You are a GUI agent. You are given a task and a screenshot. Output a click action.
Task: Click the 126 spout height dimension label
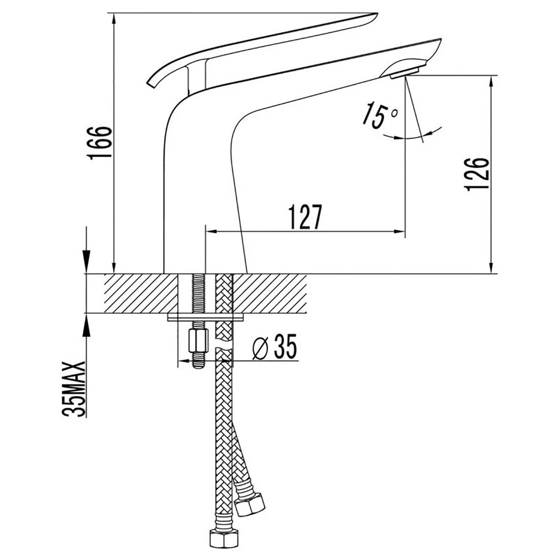pos(477,174)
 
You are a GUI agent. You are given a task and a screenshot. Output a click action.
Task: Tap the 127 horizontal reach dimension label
pos(305,217)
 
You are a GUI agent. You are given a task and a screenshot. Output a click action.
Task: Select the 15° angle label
pos(379,115)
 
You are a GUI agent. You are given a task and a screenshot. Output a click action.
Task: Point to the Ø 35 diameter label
pos(274,347)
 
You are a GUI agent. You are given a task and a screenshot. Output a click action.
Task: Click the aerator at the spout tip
pos(405,72)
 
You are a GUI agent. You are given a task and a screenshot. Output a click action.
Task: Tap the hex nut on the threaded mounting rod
pos(198,340)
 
